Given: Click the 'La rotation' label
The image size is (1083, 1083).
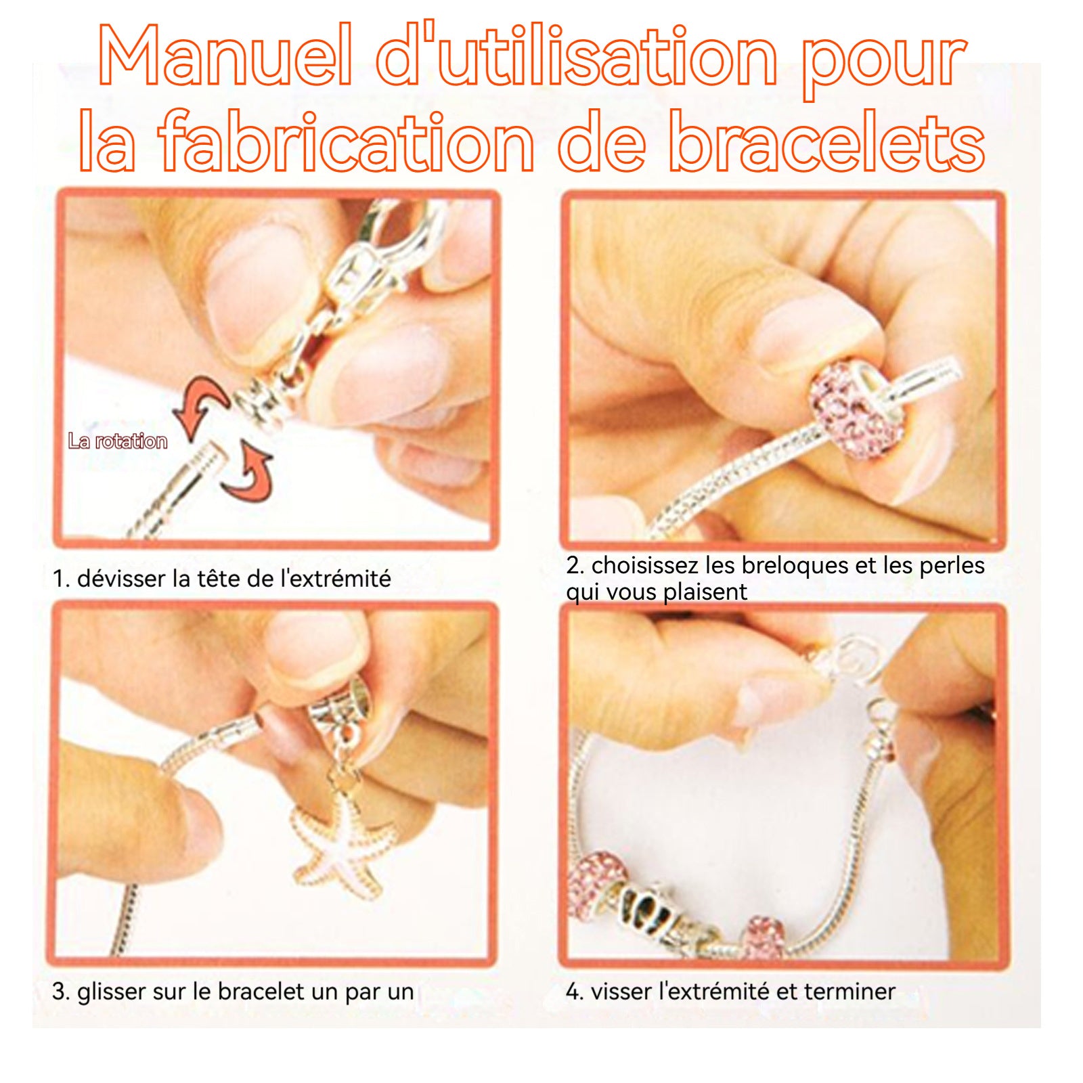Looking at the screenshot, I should pyautogui.click(x=117, y=441).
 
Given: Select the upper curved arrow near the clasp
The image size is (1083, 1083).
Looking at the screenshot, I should pyautogui.click(x=200, y=405).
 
